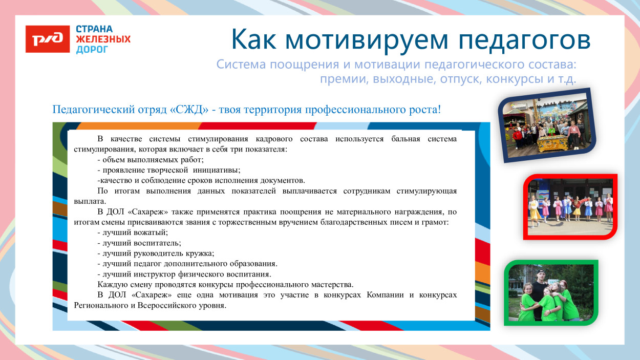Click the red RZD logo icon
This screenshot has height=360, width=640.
click(48, 39)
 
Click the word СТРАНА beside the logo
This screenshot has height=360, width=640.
click(94, 29)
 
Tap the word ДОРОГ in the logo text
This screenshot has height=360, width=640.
click(92, 50)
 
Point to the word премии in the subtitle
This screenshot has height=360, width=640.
click(338, 80)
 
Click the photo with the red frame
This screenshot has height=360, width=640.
click(570, 207)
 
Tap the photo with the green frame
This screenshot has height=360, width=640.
click(550, 293)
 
